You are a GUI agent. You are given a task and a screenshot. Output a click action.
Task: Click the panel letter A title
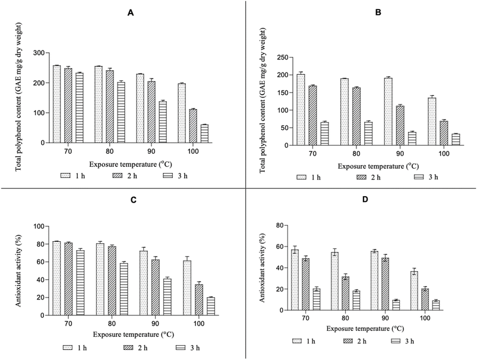(131, 13)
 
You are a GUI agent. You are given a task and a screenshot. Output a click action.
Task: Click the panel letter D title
(365, 200)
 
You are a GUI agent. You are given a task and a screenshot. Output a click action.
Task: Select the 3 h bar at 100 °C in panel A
(204, 134)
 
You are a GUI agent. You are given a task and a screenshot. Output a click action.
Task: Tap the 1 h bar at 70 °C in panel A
(56, 104)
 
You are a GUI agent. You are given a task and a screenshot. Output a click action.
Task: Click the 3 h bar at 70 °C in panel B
(324, 134)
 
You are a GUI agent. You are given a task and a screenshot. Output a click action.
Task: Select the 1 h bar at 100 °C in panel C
(187, 288)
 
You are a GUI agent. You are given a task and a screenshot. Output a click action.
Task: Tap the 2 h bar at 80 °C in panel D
(345, 293)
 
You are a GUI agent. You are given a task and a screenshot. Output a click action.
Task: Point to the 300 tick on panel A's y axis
(43, 53)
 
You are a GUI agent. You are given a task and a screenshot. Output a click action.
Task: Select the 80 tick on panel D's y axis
(280, 226)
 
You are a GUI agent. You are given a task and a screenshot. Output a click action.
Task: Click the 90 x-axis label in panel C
(155, 324)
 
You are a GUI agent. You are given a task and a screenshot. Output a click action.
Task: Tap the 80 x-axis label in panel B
(356, 154)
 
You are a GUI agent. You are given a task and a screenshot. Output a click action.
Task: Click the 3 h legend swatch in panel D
(396, 341)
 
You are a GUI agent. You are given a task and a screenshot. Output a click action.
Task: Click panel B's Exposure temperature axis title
(378, 166)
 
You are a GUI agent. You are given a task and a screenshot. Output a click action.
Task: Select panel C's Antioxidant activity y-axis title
(18, 271)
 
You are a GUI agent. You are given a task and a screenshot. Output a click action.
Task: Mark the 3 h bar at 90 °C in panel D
(396, 305)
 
